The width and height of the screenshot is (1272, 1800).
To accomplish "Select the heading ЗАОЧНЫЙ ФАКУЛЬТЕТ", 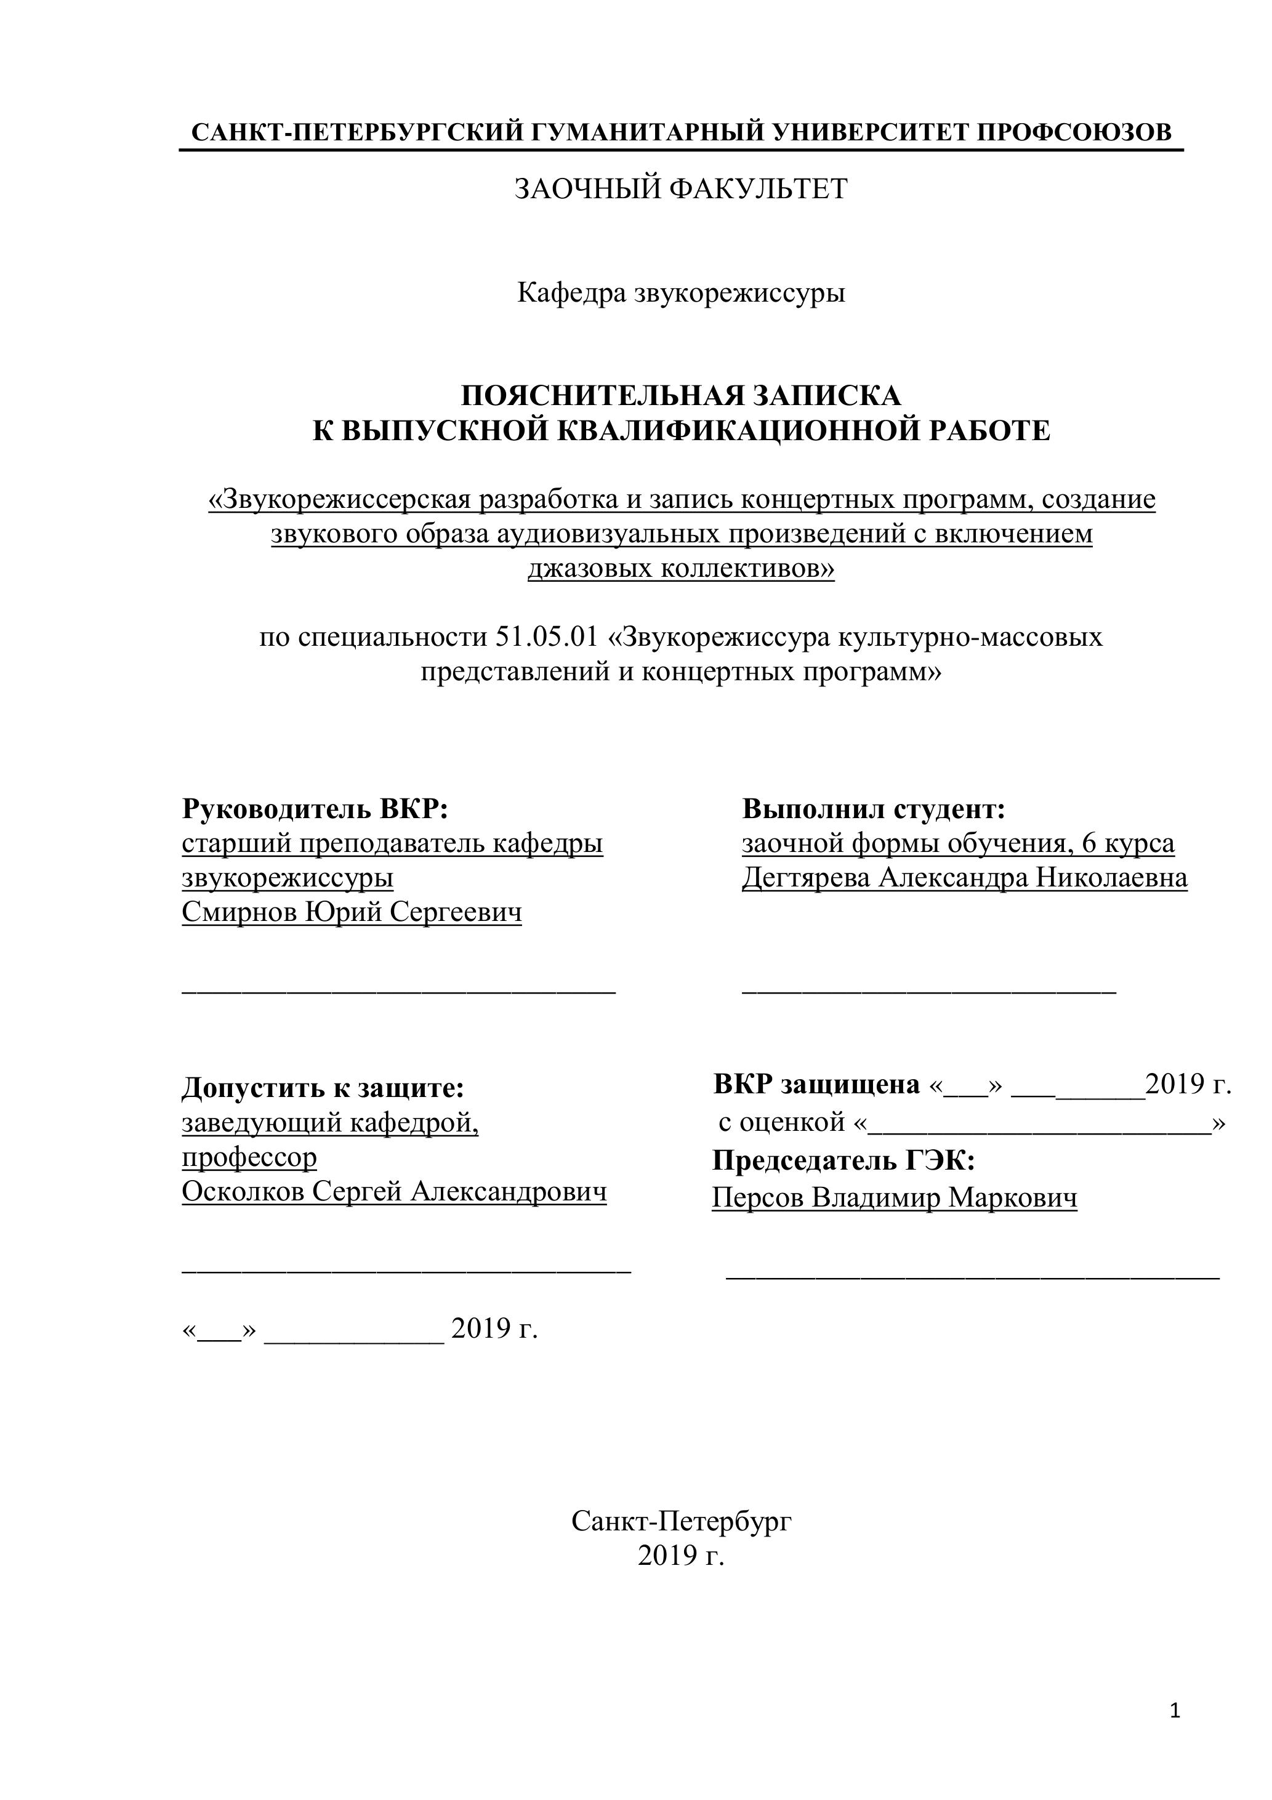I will point(681,189).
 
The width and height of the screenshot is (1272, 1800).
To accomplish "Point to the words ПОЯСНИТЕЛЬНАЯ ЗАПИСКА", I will point(681,396).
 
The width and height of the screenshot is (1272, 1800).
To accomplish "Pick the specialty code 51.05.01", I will point(547,637).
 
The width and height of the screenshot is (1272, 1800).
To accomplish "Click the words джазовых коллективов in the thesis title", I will point(681,568).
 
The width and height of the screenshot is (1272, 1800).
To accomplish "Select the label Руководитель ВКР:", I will point(315,808).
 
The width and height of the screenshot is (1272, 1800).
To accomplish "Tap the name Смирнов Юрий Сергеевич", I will point(352,912).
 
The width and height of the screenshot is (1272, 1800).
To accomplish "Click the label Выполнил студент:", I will point(874,808).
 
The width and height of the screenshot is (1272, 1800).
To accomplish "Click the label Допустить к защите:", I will point(323,1087).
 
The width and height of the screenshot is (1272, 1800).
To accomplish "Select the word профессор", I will point(249,1157).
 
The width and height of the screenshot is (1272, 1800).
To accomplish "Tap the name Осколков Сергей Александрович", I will point(393,1192).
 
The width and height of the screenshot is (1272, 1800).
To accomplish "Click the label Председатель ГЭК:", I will point(843,1160).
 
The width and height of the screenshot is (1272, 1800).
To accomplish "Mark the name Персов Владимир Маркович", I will point(894,1198).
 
